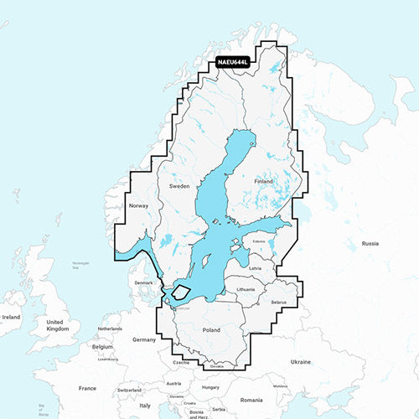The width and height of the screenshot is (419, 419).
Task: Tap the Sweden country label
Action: pyautogui.click(x=180, y=185)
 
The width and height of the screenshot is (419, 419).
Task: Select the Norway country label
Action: pyautogui.click(x=138, y=206)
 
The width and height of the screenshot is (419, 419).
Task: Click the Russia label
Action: pyautogui.click(x=370, y=243)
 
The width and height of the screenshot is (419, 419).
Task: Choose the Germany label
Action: pyautogui.click(x=144, y=339)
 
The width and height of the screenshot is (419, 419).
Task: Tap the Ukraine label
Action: pyautogui.click(x=301, y=361)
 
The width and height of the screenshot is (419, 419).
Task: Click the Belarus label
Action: pyautogui.click(x=279, y=302)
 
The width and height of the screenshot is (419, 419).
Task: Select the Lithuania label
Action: pyautogui.click(x=246, y=289)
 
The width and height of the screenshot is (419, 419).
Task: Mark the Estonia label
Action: pyautogui.click(x=258, y=242)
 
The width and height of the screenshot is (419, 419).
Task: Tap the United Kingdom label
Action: pyautogui.click(x=59, y=326)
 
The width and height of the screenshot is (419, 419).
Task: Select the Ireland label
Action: pyautogui.click(x=11, y=318)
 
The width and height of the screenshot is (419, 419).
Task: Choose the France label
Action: pyautogui.click(x=87, y=389)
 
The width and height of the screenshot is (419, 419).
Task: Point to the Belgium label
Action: pyautogui.click(x=102, y=345)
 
